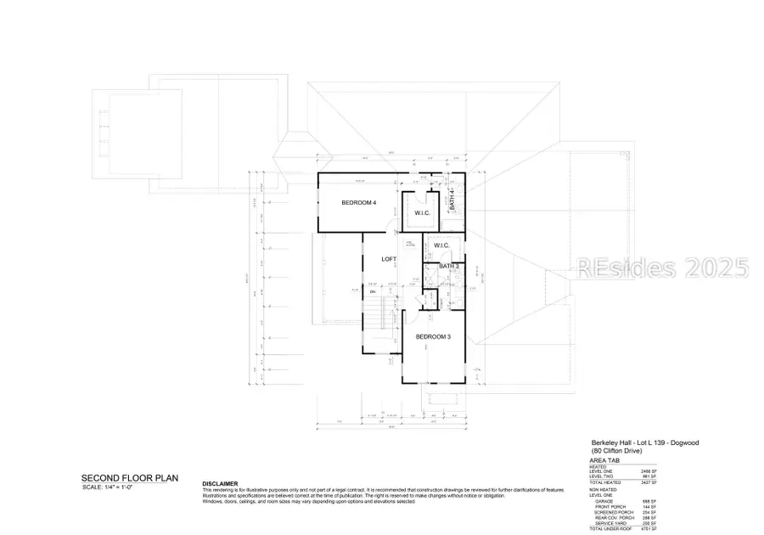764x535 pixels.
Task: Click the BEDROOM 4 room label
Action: [358, 202]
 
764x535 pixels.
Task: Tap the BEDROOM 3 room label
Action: [433, 337]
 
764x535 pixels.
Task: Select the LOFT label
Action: [389, 259]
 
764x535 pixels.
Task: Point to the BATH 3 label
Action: [450, 267]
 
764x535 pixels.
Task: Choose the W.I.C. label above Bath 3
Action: [441, 245]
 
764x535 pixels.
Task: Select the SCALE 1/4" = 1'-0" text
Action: [111, 487]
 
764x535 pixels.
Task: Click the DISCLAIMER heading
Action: [220, 483]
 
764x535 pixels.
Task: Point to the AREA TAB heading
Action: [605, 459]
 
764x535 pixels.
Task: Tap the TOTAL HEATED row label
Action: [604, 481]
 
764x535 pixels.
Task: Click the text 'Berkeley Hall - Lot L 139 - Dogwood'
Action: [644, 443]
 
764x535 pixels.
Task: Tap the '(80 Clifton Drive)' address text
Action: [617, 451]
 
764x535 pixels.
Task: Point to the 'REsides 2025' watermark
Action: [662, 269]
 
